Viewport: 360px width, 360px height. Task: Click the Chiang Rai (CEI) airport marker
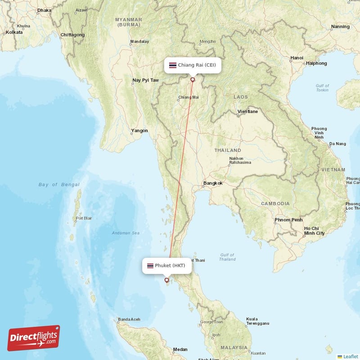193,80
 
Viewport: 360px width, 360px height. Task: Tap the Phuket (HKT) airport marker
166,280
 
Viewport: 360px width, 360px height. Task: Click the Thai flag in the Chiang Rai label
172,65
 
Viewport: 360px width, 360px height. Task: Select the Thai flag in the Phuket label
150,265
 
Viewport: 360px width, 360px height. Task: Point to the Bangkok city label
213,183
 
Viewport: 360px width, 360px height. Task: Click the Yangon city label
139,131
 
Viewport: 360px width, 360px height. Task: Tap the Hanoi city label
297,58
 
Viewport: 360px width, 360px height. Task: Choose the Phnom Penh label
288,220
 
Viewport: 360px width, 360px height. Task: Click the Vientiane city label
247,112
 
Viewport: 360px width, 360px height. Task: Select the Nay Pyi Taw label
145,81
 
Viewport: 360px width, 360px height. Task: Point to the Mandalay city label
139,42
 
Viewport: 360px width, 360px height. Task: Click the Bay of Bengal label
59,184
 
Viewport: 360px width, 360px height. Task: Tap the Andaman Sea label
126,233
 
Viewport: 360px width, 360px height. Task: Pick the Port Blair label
85,219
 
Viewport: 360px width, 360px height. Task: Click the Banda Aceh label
129,319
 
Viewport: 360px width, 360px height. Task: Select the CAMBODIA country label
275,203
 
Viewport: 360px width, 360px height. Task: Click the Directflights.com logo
34,338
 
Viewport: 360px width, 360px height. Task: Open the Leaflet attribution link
351,356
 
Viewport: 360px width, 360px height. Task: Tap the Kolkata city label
14,32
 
